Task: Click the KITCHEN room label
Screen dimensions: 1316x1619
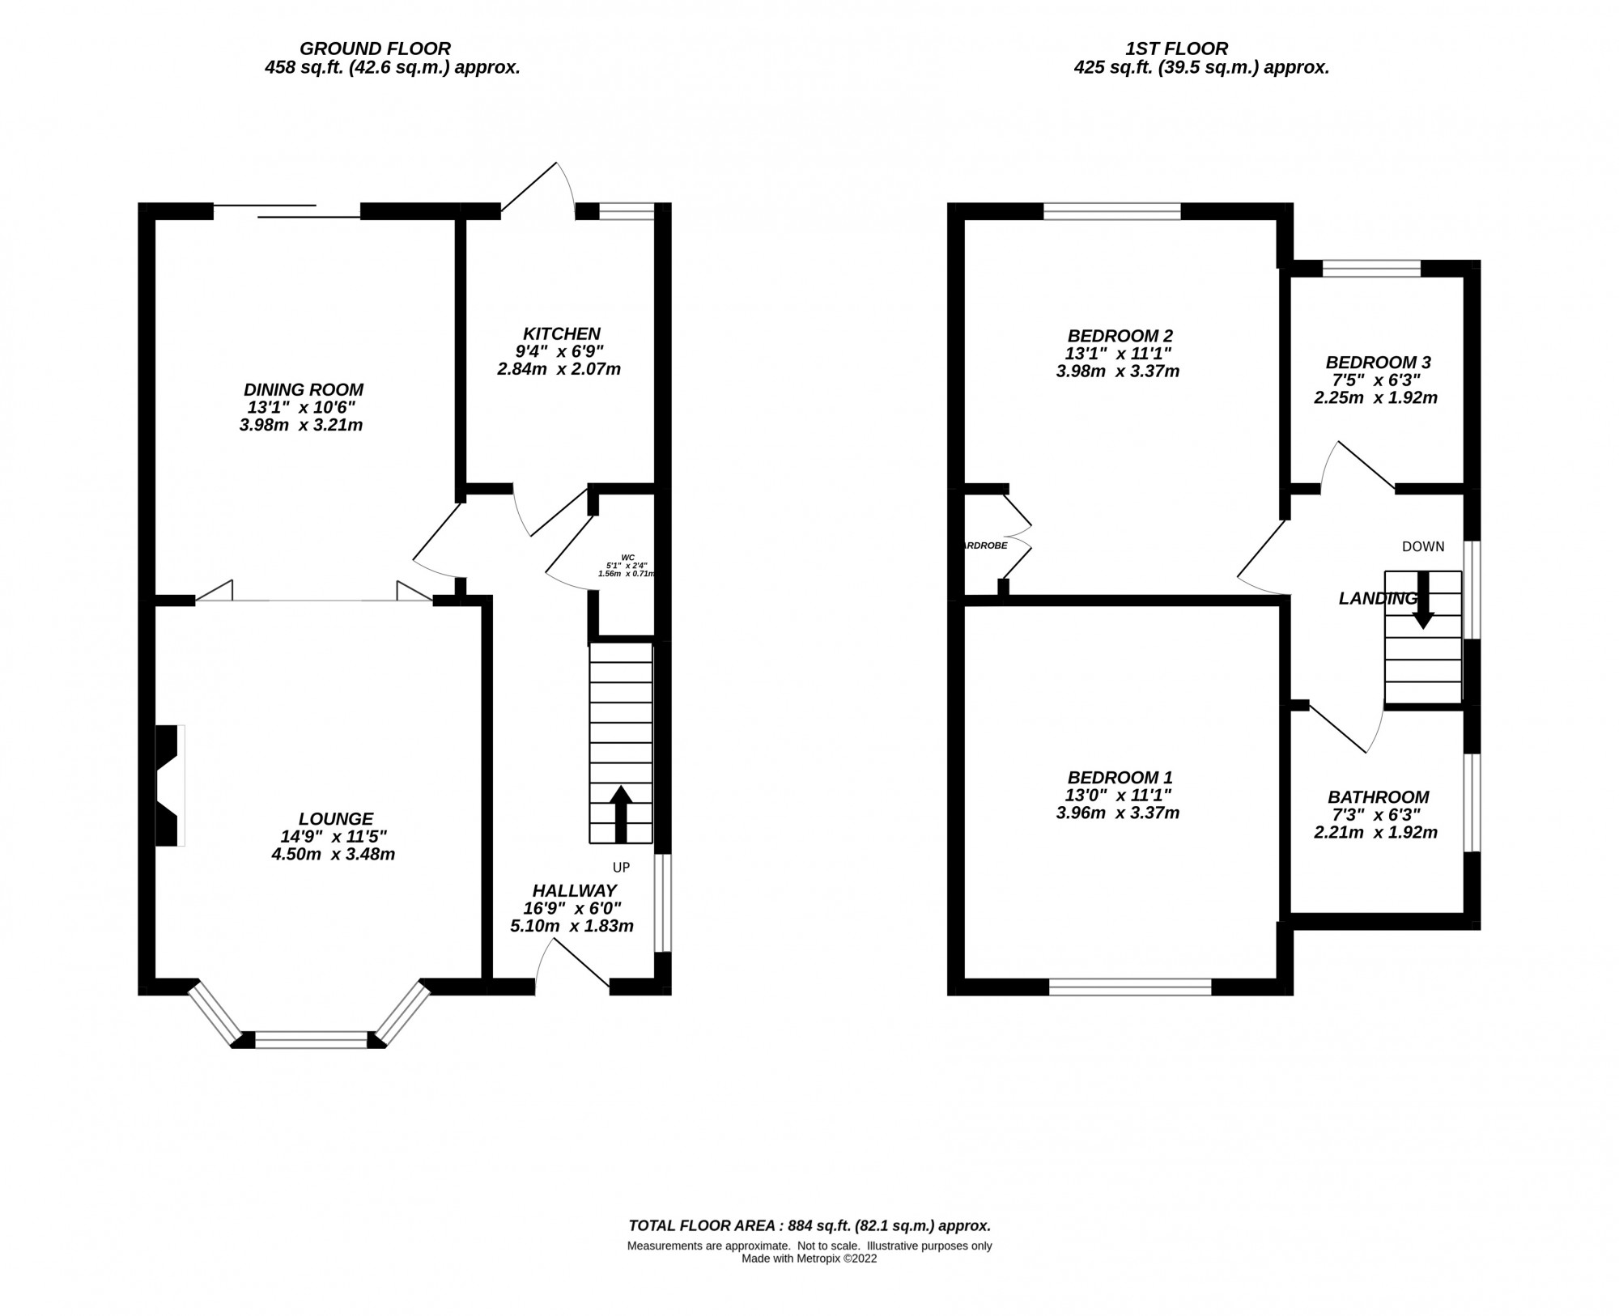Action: coord(561,333)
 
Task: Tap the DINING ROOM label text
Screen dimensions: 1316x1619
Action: coord(304,389)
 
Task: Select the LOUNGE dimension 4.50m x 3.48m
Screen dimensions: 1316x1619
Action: coord(333,854)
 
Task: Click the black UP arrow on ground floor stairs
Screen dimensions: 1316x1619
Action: coord(621,813)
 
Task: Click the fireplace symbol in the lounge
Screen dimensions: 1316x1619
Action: coord(169,785)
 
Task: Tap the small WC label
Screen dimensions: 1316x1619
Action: coord(627,557)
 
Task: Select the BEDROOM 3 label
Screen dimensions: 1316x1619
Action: coord(1378,362)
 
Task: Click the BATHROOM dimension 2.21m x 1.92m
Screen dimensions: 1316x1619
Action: coord(1375,832)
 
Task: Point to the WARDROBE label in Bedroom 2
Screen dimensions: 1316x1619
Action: coord(984,546)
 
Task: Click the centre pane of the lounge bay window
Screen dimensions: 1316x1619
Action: coord(312,1040)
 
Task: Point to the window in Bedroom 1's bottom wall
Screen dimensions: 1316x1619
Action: coord(1130,987)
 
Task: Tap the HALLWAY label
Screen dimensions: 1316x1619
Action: coord(574,890)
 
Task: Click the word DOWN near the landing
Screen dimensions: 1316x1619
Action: coord(1423,546)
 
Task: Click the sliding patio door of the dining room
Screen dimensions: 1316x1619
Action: coord(287,210)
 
